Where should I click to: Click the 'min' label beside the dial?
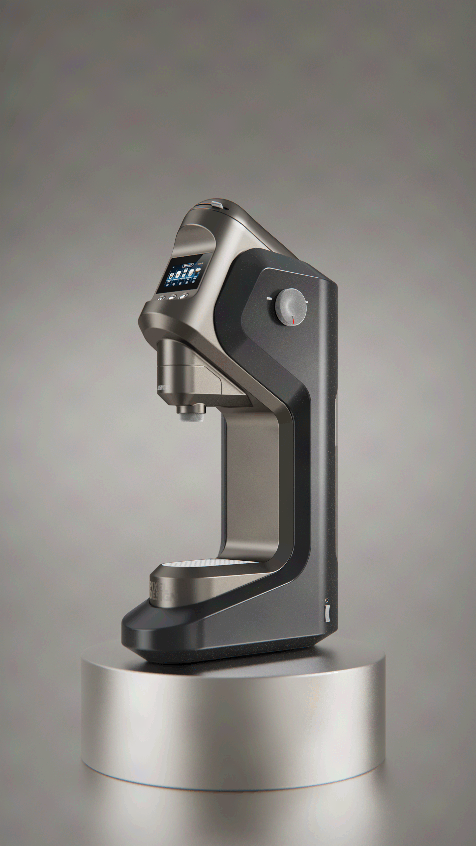click(269, 298)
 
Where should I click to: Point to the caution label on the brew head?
click(164, 387)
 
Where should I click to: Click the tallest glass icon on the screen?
click(185, 272)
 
